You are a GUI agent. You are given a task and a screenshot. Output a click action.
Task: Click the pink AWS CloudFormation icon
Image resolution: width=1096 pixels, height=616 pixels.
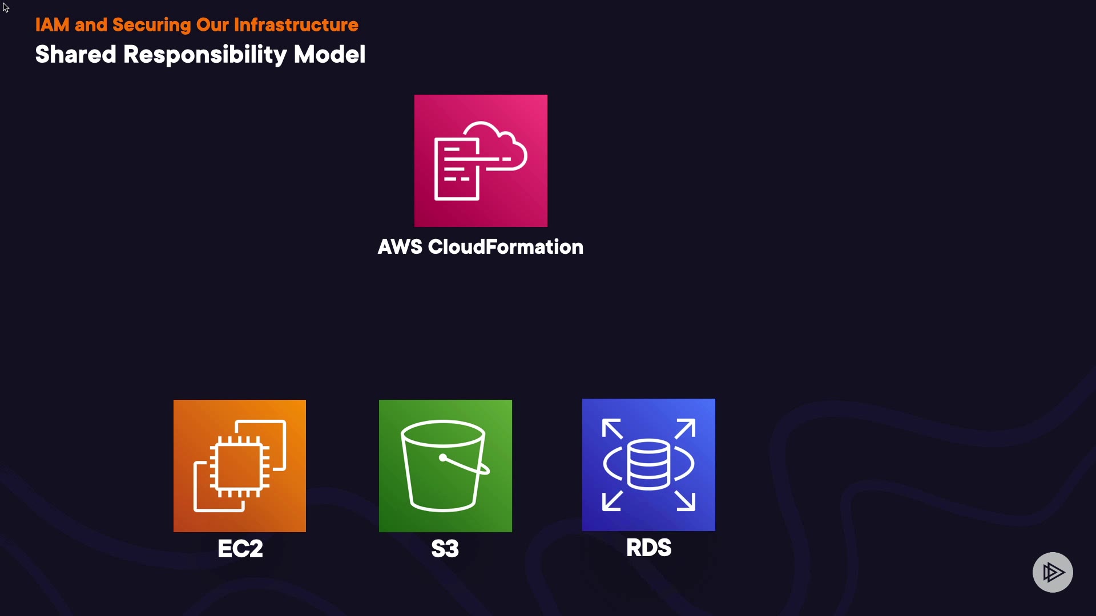tap(481, 161)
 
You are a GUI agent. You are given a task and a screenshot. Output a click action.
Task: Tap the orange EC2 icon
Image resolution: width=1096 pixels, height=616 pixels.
tap(240, 466)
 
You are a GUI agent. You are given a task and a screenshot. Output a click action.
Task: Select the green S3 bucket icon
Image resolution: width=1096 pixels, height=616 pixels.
tap(445, 466)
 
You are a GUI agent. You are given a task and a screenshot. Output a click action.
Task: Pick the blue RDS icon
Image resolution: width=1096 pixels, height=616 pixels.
tap(648, 465)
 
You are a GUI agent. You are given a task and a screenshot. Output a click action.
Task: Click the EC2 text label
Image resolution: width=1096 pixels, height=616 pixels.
tap(240, 549)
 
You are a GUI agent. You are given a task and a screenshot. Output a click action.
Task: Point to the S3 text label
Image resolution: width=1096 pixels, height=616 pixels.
tap(445, 549)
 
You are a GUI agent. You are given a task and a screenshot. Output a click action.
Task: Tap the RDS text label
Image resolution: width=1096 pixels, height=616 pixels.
tap(649, 548)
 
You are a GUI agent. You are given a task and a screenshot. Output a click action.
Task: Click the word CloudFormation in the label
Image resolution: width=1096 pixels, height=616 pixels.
tap(506, 247)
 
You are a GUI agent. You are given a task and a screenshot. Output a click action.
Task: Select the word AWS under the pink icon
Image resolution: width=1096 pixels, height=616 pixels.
tap(400, 247)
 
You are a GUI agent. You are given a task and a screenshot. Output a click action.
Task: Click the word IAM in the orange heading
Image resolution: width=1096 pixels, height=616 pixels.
tap(52, 25)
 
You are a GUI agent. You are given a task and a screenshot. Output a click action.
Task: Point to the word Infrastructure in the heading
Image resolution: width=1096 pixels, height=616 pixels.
tap(296, 25)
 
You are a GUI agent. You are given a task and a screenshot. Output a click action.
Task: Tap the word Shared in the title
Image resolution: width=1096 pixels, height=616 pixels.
tap(76, 55)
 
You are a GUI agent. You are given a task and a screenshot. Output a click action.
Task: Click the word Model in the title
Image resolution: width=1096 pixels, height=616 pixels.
tap(329, 55)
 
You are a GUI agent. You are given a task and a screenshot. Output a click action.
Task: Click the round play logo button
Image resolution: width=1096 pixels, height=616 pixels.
tap(1053, 572)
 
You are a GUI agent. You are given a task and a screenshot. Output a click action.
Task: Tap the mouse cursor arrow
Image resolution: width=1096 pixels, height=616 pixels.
tap(5, 7)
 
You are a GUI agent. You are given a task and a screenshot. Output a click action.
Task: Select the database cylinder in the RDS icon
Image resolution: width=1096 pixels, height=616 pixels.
tap(648, 465)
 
